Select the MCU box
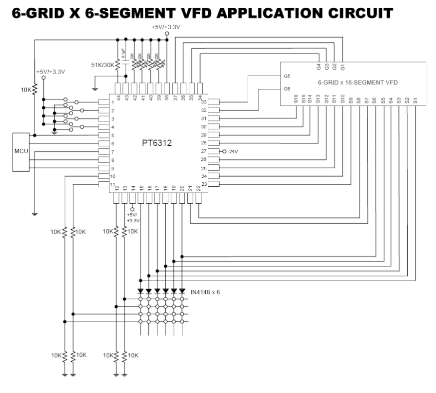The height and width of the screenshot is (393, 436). [x=21, y=151]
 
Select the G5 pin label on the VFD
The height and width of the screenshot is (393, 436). [x=287, y=77]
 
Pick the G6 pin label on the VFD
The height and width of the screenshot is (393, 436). [x=287, y=89]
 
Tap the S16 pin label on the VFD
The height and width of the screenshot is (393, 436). [x=296, y=100]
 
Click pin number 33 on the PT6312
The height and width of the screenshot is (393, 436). [x=204, y=102]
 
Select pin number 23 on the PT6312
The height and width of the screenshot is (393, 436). [x=204, y=184]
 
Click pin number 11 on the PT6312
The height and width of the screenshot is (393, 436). [x=112, y=184]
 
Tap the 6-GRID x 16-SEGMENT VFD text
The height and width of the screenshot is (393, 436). [x=357, y=83]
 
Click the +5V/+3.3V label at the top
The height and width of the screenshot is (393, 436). [x=167, y=26]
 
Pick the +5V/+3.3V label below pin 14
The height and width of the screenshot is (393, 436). [x=133, y=217]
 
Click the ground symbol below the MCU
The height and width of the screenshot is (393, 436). [x=34, y=213]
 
